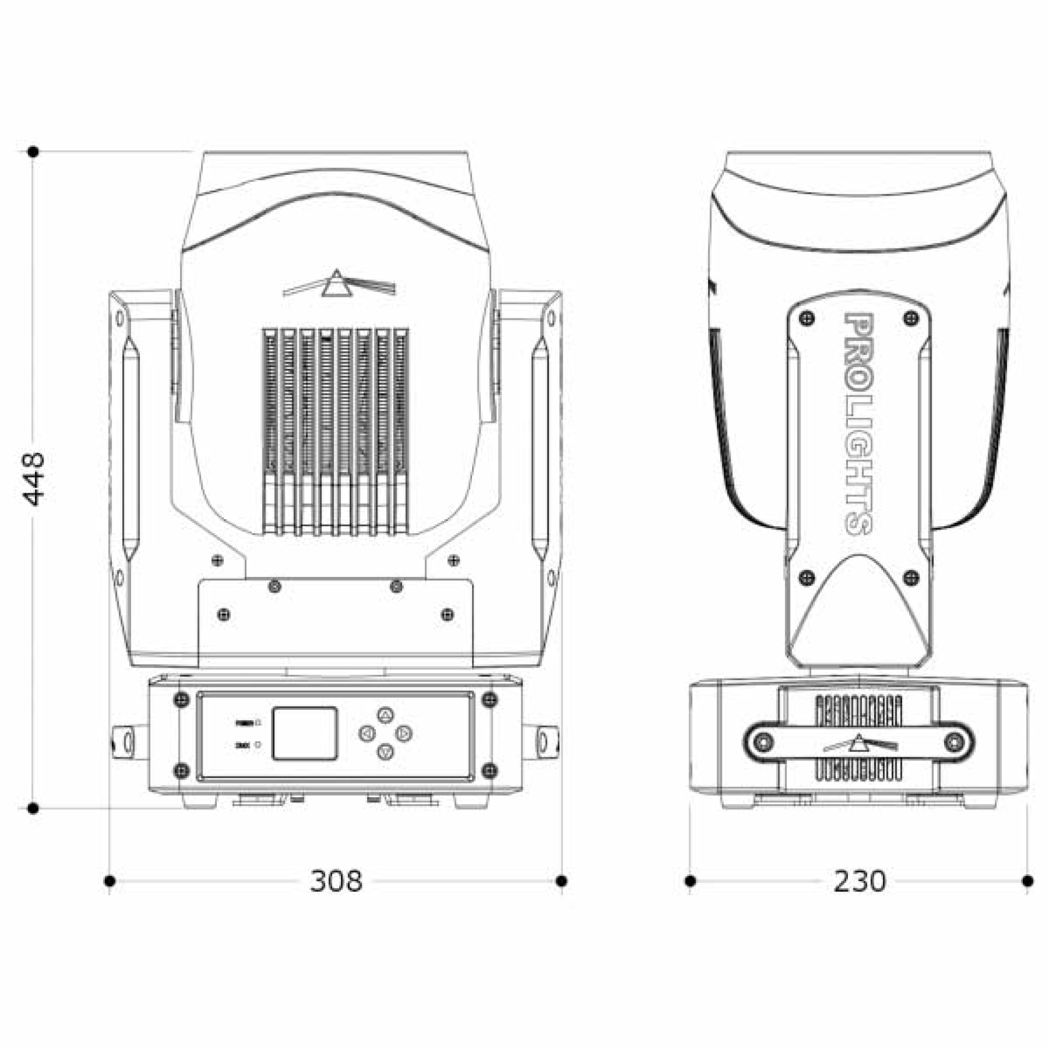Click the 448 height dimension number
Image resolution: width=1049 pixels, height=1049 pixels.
(34, 479)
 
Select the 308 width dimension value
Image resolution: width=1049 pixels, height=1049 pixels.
(335, 881)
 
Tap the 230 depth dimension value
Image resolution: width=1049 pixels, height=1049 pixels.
(859, 881)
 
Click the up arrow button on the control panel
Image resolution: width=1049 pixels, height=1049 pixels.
(385, 715)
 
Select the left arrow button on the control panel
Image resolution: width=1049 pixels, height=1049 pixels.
(367, 733)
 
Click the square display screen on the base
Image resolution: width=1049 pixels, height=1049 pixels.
(304, 733)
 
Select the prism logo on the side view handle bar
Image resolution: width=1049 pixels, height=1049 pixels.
(859, 744)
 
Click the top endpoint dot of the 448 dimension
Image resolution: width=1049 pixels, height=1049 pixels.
(33, 151)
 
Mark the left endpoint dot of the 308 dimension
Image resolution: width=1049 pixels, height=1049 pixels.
(109, 881)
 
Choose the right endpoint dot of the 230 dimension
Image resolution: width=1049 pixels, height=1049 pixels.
(1028, 881)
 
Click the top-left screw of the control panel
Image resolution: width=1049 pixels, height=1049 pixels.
(181, 700)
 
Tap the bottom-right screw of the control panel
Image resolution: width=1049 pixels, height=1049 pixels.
(490, 771)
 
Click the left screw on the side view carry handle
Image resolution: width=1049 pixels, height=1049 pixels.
(763, 742)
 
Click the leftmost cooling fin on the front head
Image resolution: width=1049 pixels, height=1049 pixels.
(270, 432)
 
